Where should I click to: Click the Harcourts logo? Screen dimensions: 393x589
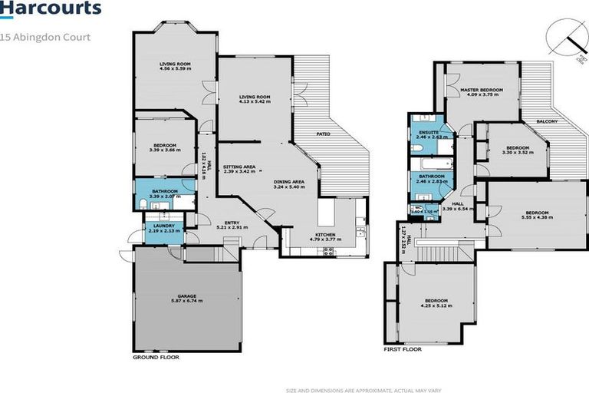(51, 10)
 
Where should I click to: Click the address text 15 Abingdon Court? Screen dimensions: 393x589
(46, 37)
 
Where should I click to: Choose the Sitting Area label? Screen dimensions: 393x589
(239, 167)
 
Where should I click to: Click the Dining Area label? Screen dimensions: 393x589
(289, 182)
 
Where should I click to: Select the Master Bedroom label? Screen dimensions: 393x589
(481, 90)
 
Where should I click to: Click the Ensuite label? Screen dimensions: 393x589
(428, 132)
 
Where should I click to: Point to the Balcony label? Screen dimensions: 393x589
(545, 122)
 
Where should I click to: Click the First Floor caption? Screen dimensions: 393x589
(403, 348)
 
